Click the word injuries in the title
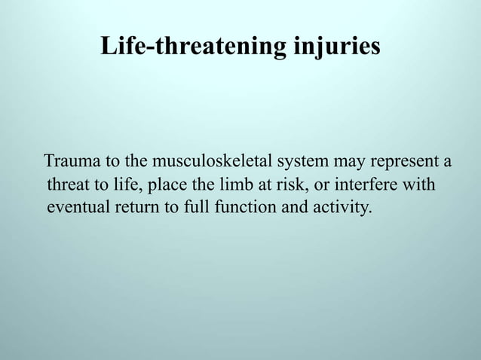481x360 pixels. point(333,47)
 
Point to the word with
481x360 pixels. point(419,185)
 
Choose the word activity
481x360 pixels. point(342,206)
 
